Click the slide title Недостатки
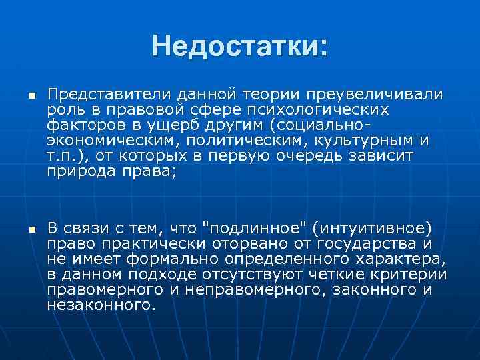point(240,47)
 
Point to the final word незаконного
point(101,305)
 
